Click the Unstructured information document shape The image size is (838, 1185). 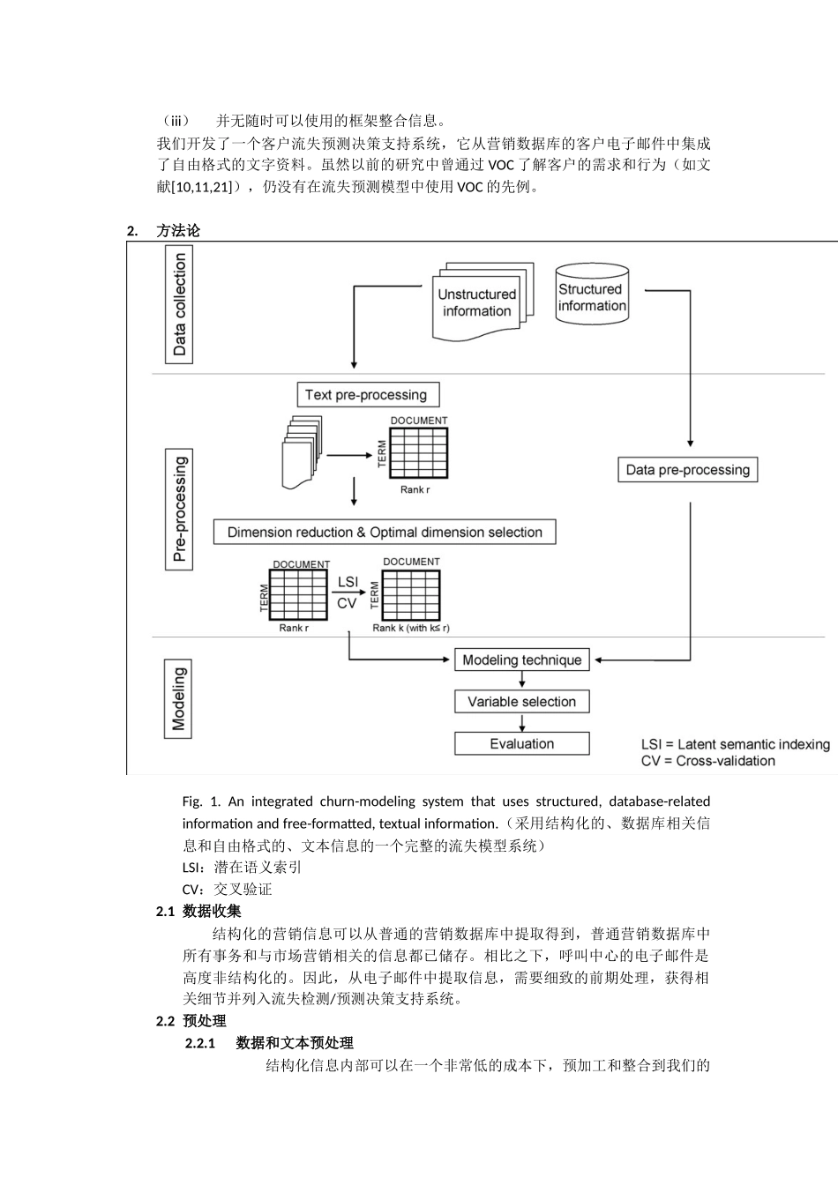click(477, 302)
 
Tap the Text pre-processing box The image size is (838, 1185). click(366, 394)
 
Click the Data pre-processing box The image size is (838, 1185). click(687, 470)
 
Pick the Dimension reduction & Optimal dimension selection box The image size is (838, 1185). click(385, 532)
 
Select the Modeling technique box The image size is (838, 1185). click(521, 660)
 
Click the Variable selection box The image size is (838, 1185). click(521, 702)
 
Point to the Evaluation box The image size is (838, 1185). click(521, 743)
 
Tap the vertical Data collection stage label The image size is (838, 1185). click(180, 305)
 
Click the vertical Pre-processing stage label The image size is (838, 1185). click(180, 509)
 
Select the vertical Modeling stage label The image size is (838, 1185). click(179, 699)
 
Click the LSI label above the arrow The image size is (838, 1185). click(348, 582)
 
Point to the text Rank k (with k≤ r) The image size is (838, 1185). click(410, 628)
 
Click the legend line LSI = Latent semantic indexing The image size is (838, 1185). click(735, 744)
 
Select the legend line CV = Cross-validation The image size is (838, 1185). click(707, 761)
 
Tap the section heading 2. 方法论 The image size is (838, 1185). click(164, 231)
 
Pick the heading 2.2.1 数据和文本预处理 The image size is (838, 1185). click(269, 1043)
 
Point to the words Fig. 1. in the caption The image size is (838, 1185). click(201, 801)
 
